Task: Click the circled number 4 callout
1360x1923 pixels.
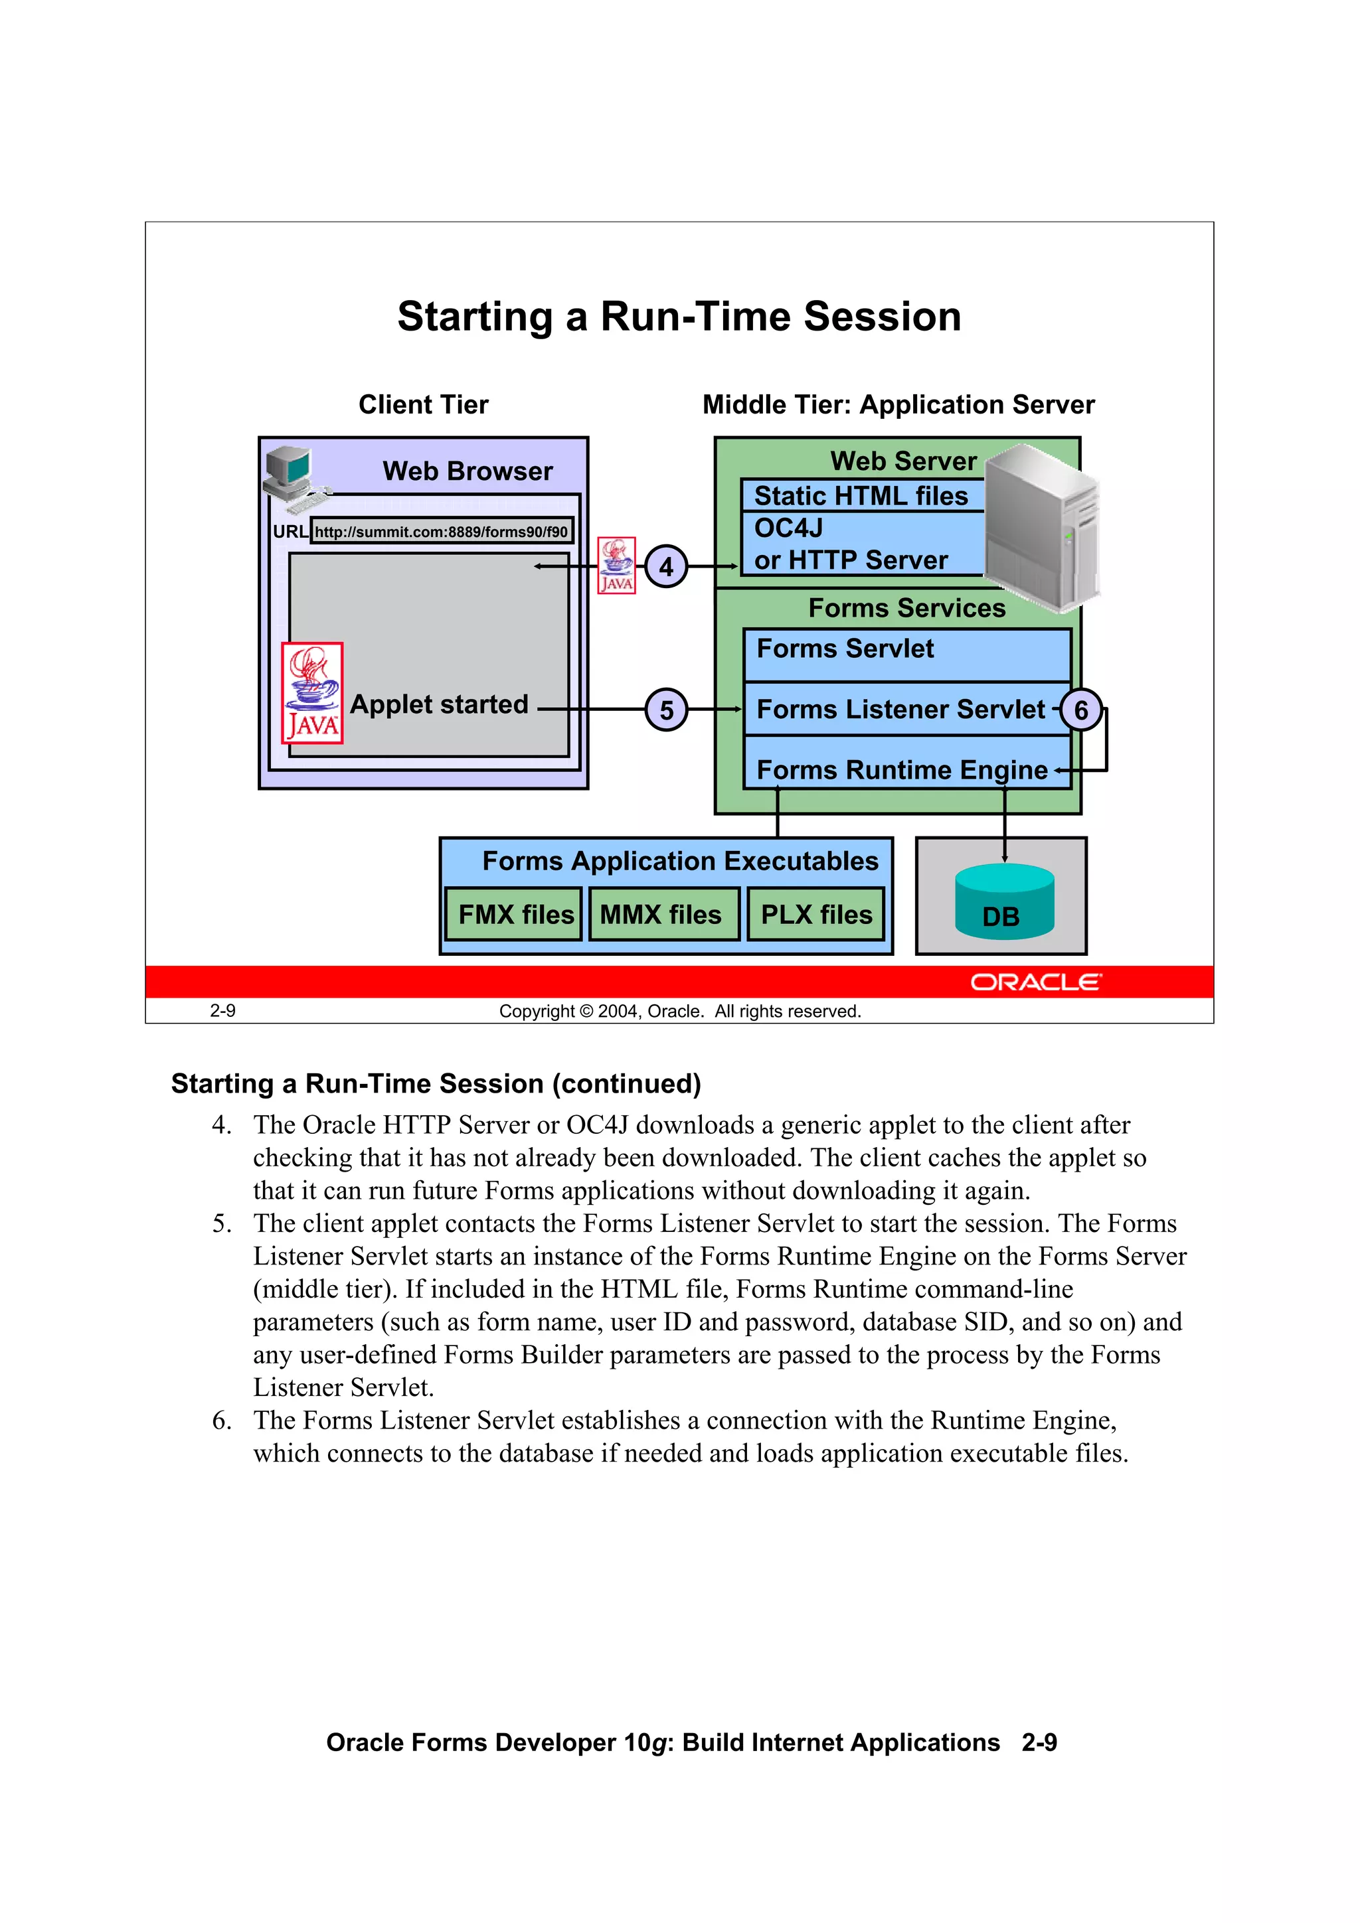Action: coord(666,567)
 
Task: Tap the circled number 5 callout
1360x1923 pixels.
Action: coord(666,710)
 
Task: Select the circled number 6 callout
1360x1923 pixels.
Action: coord(1081,710)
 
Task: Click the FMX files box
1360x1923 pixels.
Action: coord(515,915)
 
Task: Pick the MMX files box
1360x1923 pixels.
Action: coord(663,915)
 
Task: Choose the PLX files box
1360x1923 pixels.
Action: coord(816,915)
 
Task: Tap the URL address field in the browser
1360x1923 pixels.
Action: coord(442,532)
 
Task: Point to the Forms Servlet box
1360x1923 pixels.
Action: coord(906,654)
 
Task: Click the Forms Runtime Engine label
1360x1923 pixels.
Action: coord(902,770)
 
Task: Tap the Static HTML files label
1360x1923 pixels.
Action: coord(861,496)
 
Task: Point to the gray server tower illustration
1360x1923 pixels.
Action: coord(1041,526)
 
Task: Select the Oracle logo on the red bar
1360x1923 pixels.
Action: coord(1036,982)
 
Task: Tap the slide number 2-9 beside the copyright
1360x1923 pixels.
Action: coord(223,1011)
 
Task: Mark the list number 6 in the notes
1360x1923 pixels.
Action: coord(221,1421)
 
